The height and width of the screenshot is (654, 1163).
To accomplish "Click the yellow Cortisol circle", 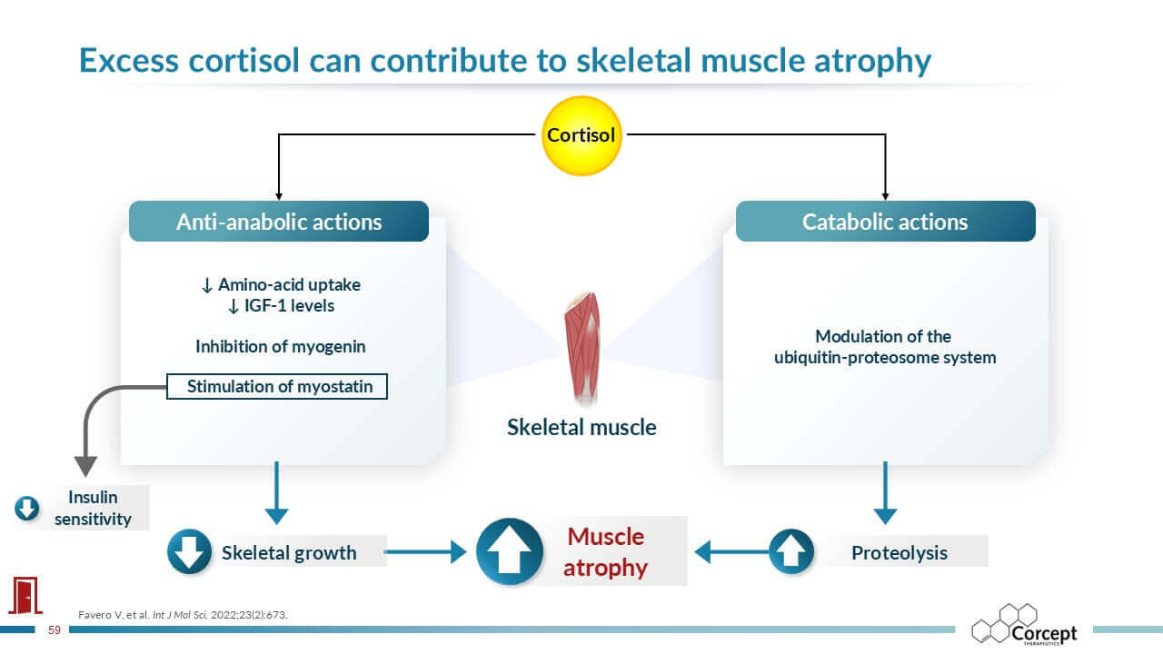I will pyautogui.click(x=581, y=135).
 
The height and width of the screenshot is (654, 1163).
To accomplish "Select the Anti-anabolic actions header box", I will pyautogui.click(x=279, y=222).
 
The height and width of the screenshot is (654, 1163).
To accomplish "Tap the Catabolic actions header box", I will pyautogui.click(x=885, y=222).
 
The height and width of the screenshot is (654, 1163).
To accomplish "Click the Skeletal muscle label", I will pyautogui.click(x=581, y=427).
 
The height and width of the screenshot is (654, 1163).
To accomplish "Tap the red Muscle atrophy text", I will pyautogui.click(x=605, y=551).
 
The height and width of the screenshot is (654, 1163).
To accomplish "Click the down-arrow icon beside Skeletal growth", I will pyautogui.click(x=190, y=551).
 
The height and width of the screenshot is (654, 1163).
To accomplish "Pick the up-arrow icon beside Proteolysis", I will pyautogui.click(x=791, y=551).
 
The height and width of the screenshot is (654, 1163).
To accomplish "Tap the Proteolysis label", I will pyautogui.click(x=899, y=552).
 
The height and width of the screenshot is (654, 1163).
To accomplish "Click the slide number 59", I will pyautogui.click(x=55, y=629).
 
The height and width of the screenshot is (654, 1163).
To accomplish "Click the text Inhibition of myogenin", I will pyautogui.click(x=280, y=346).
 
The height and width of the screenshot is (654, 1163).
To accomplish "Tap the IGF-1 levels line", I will pyautogui.click(x=281, y=306).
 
